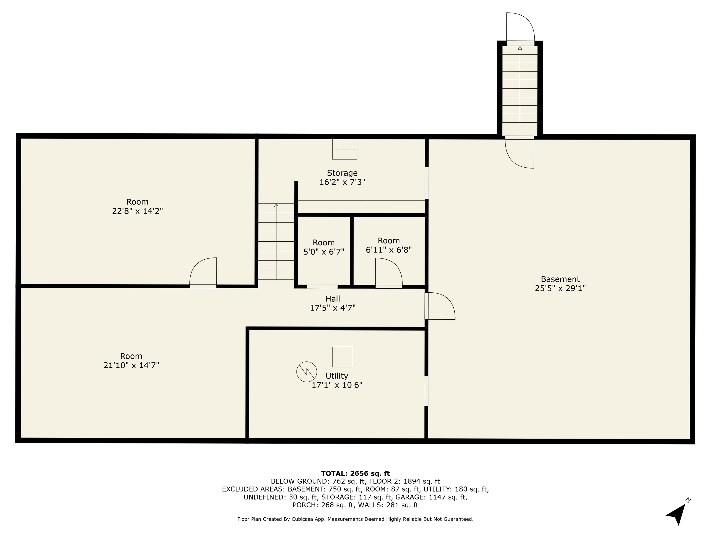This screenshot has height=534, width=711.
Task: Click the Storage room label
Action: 342,173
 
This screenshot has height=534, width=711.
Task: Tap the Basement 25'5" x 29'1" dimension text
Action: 560,288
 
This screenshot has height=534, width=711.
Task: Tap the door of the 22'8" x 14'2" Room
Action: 203,272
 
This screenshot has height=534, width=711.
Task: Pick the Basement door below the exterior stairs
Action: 520,153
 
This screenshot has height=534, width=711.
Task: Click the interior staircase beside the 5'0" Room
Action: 276,241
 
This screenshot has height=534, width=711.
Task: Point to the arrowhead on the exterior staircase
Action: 520,48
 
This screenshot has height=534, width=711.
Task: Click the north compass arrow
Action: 678,513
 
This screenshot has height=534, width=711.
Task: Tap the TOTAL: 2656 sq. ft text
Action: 355,473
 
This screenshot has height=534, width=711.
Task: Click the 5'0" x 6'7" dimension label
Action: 324,252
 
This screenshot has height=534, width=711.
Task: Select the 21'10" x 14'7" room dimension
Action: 131,365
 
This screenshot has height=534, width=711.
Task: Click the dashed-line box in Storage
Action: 345,149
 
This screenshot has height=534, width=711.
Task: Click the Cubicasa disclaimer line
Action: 355,519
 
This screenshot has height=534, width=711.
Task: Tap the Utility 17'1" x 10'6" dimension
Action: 337,385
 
